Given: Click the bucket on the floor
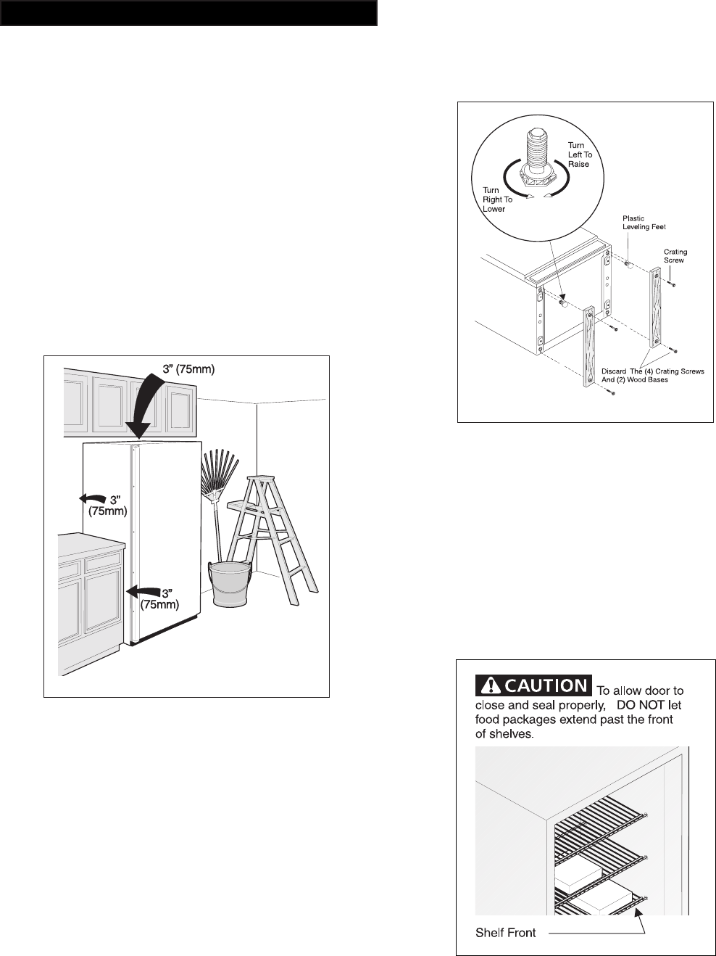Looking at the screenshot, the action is click(x=230, y=585).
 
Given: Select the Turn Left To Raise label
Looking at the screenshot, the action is click(x=579, y=154).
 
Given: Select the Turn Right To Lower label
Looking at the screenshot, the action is click(x=497, y=199).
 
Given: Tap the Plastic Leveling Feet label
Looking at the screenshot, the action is click(x=643, y=223).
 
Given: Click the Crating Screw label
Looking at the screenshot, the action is click(x=675, y=256).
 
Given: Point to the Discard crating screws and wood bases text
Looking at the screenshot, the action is click(x=652, y=375).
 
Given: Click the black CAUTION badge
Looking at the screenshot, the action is click(x=532, y=685).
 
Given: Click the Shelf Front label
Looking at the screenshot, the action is click(x=505, y=932).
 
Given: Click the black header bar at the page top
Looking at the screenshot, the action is click(x=188, y=13).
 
